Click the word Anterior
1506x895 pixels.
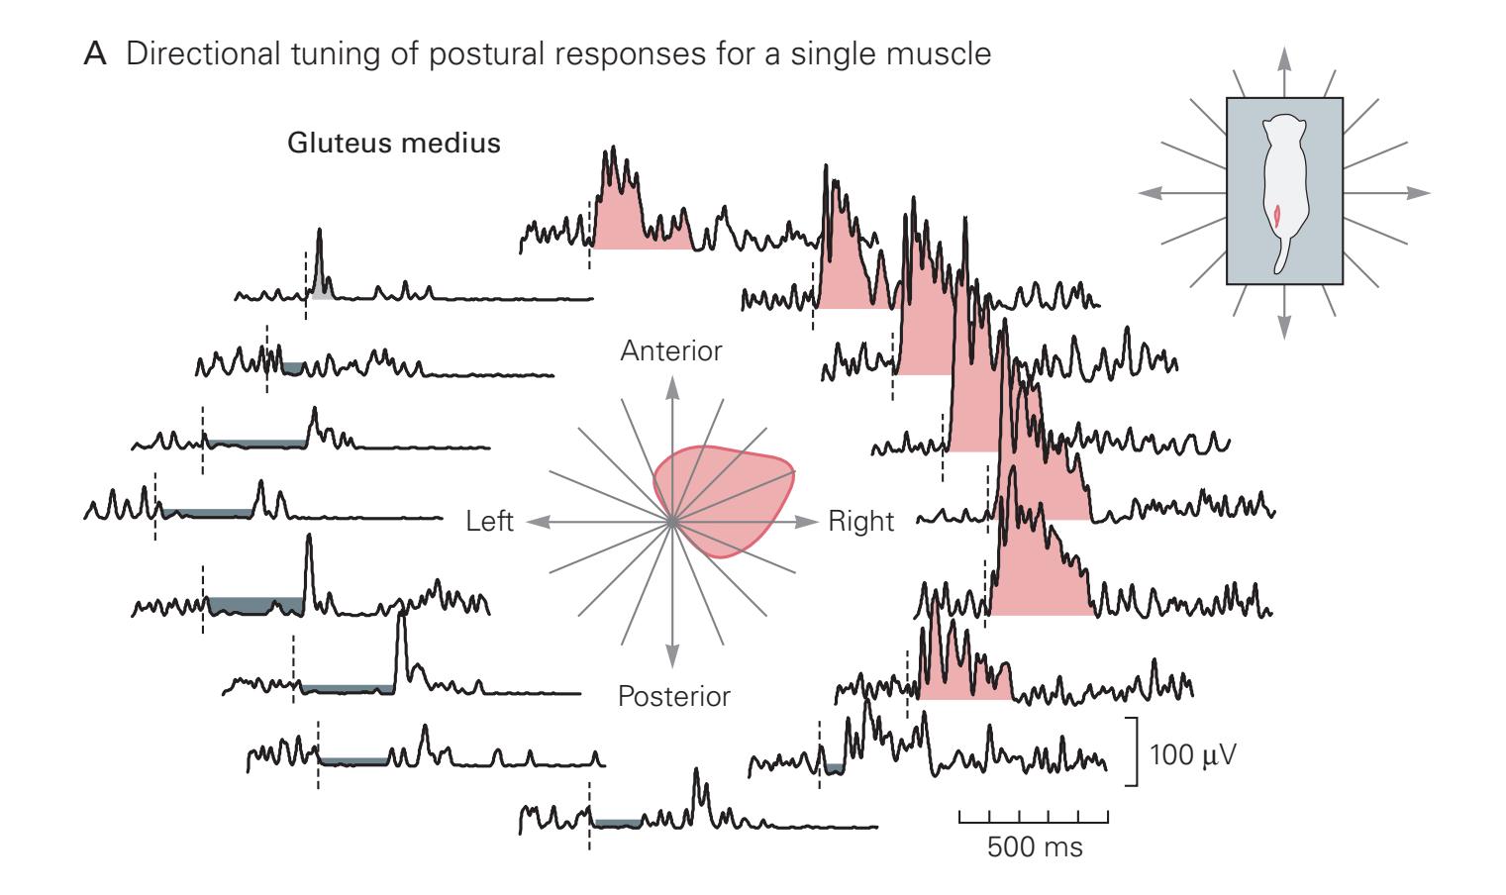coord(671,351)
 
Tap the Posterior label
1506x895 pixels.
coord(673,696)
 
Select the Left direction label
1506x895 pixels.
coord(489,521)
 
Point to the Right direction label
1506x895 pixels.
coord(860,521)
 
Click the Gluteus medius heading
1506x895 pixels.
coord(393,144)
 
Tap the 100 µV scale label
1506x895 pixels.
coord(1192,754)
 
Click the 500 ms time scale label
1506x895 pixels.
coord(1034,847)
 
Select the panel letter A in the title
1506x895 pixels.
coord(97,54)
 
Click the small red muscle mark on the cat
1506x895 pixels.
coord(1277,215)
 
